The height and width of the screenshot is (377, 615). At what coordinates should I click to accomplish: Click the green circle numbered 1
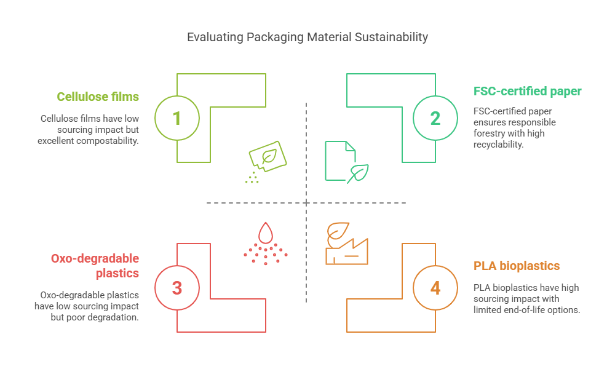[x=177, y=118]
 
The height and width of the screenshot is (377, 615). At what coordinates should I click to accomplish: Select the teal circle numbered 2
[x=435, y=118]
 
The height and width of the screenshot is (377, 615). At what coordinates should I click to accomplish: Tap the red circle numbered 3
[x=177, y=288]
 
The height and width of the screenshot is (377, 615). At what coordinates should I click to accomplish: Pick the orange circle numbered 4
[x=435, y=288]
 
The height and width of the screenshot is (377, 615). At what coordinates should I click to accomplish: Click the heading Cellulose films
[x=98, y=97]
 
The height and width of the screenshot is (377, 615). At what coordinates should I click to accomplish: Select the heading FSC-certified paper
[x=527, y=92]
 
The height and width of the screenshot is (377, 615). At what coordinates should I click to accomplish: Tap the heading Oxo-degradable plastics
[x=95, y=266]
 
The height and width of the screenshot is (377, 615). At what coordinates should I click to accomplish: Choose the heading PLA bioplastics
[x=517, y=266]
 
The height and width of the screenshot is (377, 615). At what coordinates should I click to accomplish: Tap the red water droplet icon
[x=266, y=233]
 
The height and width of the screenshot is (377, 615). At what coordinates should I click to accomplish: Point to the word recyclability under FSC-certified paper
[x=498, y=145]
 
